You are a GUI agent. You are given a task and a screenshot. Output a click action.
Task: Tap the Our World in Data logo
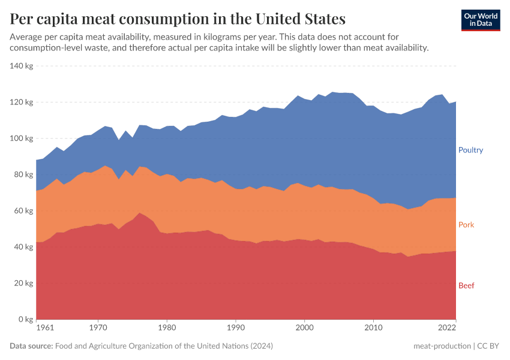(x=480, y=20)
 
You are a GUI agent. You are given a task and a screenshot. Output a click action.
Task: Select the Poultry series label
(x=470, y=150)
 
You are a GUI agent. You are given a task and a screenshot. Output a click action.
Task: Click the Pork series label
(x=466, y=225)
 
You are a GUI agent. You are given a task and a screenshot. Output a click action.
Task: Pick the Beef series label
(x=466, y=286)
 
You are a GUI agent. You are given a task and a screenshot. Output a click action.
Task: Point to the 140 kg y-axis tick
(x=22, y=66)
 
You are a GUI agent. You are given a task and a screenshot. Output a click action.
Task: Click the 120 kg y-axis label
(x=22, y=102)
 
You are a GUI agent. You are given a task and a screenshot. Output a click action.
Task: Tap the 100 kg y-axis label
(x=22, y=139)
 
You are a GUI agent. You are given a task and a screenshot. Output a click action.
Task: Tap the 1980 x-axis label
(x=168, y=329)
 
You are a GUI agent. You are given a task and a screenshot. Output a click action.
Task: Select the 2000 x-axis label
(x=305, y=329)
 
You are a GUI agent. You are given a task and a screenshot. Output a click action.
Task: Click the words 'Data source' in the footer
(x=31, y=346)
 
